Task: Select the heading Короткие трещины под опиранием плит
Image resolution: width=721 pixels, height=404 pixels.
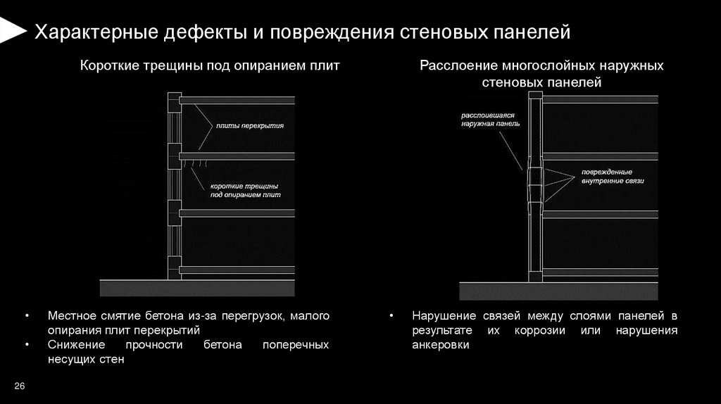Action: click(209, 67)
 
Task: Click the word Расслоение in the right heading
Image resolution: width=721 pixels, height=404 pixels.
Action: click(458, 67)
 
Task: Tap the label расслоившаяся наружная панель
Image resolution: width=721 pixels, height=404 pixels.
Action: click(490, 118)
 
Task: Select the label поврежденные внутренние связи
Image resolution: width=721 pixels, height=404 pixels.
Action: click(612, 176)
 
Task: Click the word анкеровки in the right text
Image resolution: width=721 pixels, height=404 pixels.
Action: click(440, 346)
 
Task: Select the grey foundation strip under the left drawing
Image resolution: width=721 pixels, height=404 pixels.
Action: click(197, 288)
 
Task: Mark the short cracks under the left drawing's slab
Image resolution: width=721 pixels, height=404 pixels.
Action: click(196, 163)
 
